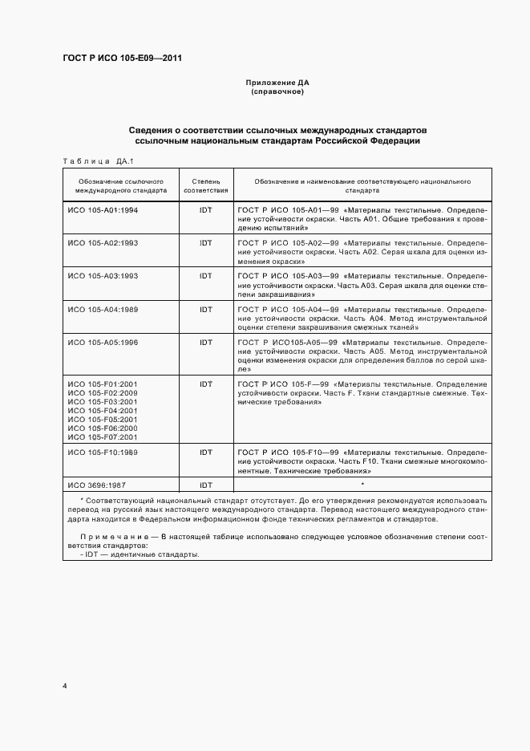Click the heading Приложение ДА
pyautogui.click(x=277, y=83)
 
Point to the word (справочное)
pyautogui.click(x=277, y=91)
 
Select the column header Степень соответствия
pyautogui.click(x=206, y=187)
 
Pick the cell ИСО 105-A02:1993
pyautogui.click(x=103, y=242)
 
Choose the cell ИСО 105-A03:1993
pyautogui.click(x=103, y=275)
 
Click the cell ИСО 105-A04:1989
pyautogui.click(x=103, y=309)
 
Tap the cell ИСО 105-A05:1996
pyautogui.click(x=103, y=343)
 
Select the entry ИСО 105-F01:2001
pyautogui.click(x=103, y=384)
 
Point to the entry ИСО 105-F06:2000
pyautogui.click(x=103, y=428)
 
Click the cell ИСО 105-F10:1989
pyautogui.click(x=103, y=453)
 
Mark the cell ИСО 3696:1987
pyautogui.click(x=96, y=485)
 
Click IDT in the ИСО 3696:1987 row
pyautogui.click(x=206, y=485)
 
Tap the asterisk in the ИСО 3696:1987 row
pyautogui.click(x=362, y=485)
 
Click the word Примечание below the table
pyautogui.click(x=114, y=535)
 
